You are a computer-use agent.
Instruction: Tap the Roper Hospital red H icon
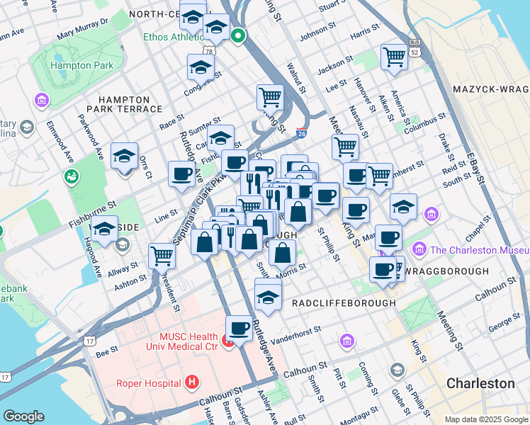(x=191, y=382)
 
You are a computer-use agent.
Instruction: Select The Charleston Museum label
(x=479, y=249)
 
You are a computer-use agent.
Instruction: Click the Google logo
(x=23, y=416)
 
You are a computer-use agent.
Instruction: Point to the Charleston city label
(x=480, y=383)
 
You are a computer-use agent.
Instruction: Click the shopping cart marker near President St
(x=162, y=255)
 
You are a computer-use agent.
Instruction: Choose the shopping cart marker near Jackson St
(x=394, y=57)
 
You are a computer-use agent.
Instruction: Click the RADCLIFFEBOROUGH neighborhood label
(x=344, y=302)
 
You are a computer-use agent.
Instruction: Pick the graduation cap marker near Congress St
(x=201, y=67)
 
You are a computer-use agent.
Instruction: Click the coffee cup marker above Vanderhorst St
(x=239, y=328)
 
